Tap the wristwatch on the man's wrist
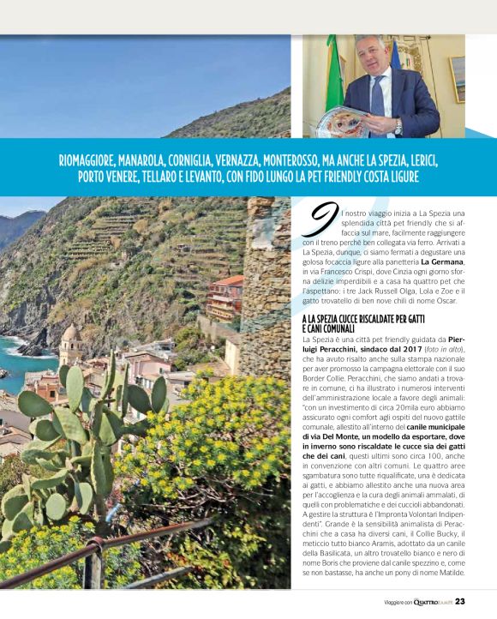tap(398, 125)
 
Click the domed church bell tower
tap(70, 344)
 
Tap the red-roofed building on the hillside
tap(226, 296)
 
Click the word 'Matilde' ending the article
tap(447, 572)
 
